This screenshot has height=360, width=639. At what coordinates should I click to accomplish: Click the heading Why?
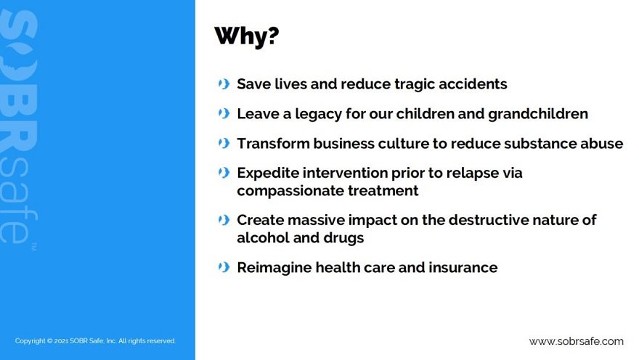coord(247,36)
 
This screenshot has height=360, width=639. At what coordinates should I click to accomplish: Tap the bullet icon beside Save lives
coord(224,84)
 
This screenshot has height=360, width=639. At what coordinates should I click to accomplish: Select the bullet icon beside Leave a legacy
coord(224,114)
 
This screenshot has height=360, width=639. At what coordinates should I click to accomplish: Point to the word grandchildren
coord(538,114)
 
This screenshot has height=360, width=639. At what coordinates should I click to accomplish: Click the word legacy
coord(318,115)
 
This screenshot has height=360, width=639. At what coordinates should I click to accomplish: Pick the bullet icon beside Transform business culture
coord(224,144)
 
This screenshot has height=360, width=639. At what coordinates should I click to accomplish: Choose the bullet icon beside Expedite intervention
coord(224,173)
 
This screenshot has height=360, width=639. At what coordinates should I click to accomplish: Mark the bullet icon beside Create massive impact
coord(224,221)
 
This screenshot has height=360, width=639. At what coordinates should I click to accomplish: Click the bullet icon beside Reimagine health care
coord(224,268)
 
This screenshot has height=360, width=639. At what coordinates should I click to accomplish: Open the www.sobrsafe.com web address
coord(577,341)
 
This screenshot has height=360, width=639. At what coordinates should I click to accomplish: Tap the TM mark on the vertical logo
coord(34,246)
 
